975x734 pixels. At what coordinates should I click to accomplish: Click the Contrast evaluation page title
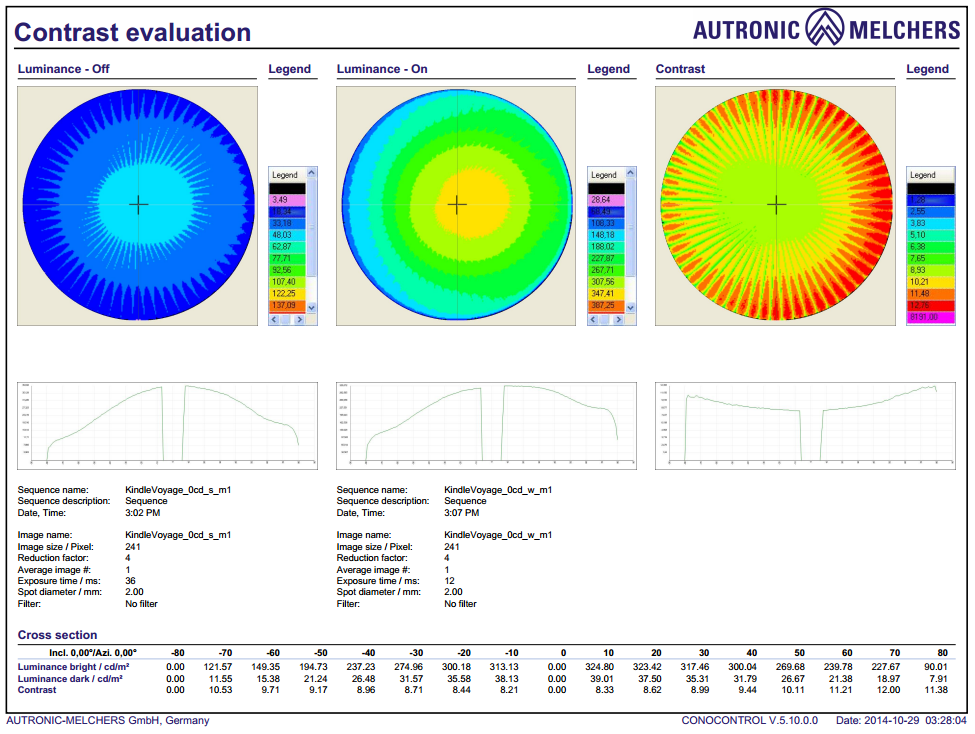click(x=132, y=32)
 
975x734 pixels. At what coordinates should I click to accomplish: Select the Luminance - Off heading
click(x=64, y=69)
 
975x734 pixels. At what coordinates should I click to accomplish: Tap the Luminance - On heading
click(x=380, y=69)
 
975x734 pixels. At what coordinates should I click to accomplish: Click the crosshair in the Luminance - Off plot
click(x=139, y=205)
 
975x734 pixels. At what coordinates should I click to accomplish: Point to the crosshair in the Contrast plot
click(x=777, y=205)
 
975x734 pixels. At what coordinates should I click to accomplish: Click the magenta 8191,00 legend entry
click(x=923, y=317)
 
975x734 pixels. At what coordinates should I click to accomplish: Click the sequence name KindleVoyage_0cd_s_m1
click(x=178, y=490)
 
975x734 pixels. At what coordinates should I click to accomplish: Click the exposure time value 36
click(x=130, y=581)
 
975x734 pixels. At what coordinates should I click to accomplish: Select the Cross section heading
click(x=58, y=635)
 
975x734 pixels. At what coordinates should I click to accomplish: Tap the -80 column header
click(x=178, y=652)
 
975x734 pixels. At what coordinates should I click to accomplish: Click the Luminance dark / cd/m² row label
click(x=69, y=678)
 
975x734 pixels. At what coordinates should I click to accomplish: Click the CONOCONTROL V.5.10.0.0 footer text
click(x=749, y=720)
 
